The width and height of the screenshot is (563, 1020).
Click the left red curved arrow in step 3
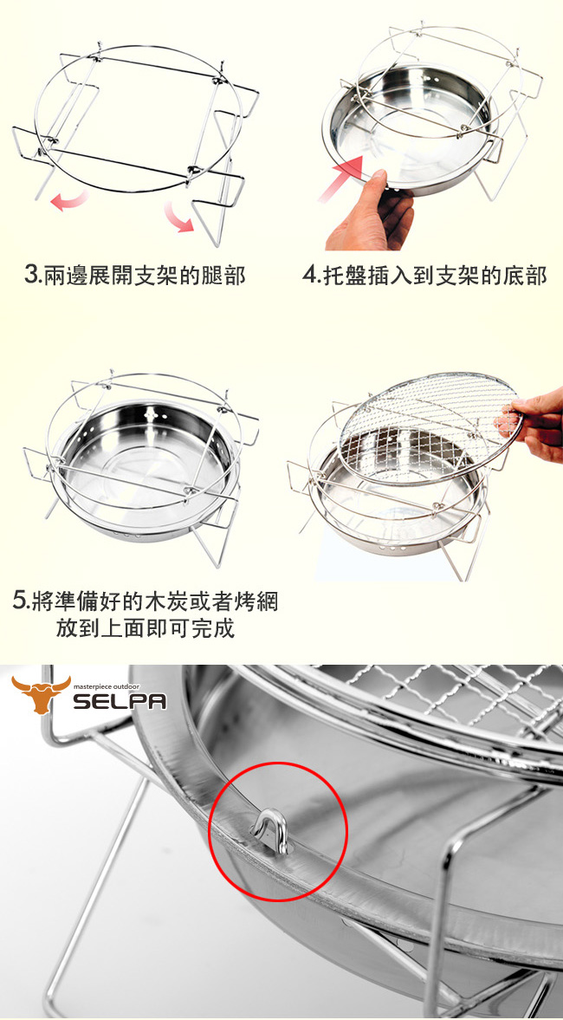69,201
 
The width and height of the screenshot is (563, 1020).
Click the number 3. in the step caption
33,276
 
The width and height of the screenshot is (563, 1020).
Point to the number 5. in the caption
23,601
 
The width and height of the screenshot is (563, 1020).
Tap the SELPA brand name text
119,700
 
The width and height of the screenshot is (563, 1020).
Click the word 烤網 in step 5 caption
256,601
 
